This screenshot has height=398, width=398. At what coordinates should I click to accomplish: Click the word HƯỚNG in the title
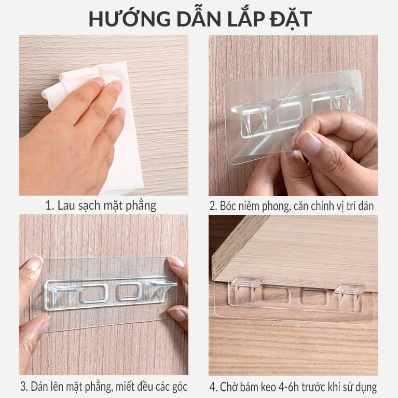click(129, 19)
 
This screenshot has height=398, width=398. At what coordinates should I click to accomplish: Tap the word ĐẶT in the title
click(291, 19)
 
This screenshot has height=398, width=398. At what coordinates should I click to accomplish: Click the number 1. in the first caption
click(50, 205)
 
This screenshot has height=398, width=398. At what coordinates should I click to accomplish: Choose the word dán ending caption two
click(366, 206)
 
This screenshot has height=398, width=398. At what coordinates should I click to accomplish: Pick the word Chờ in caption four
click(228, 387)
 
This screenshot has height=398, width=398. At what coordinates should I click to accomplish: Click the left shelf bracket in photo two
click(251, 119)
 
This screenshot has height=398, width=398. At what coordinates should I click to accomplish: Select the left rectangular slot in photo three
click(94, 294)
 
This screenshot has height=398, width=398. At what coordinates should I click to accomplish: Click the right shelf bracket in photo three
click(161, 290)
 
